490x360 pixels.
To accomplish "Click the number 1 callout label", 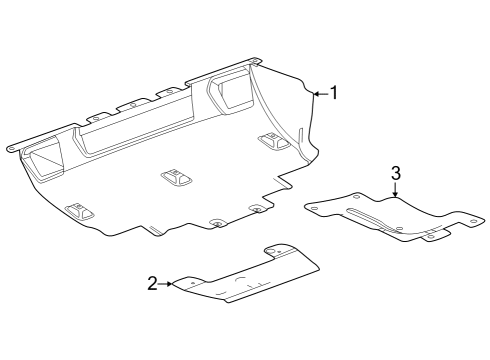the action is pos(334,93).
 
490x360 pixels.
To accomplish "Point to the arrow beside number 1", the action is pos(319,93).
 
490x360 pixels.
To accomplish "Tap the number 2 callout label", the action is pos(152,284).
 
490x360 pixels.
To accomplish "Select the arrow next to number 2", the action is pos(168,284).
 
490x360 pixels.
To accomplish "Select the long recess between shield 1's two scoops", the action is pos(140,125).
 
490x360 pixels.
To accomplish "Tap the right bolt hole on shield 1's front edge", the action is pos(256,209).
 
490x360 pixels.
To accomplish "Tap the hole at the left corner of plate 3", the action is pos(316,207).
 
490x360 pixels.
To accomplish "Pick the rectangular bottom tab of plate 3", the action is pos(436,236).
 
